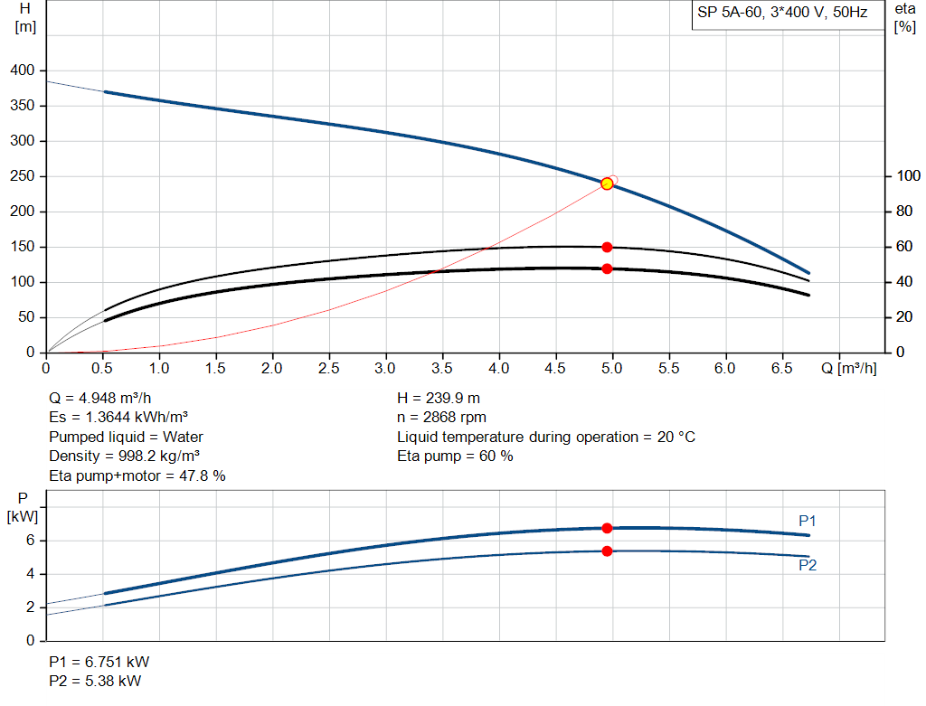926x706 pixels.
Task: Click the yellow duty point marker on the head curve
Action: pos(607,184)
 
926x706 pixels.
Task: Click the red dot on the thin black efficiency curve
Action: pos(607,247)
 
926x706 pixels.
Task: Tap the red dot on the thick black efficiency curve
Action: pos(607,268)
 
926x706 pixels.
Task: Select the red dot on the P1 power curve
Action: pos(607,528)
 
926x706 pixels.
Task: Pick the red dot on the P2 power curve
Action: pos(607,551)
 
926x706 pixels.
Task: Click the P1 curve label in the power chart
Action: pos(808,521)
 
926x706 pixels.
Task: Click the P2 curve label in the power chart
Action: pos(808,565)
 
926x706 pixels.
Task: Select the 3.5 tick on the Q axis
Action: pos(442,369)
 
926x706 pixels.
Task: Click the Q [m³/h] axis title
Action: pos(848,369)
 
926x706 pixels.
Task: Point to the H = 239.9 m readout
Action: pos(439,398)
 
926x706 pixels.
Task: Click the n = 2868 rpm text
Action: pos(442,418)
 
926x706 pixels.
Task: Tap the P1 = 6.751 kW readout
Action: pos(96,662)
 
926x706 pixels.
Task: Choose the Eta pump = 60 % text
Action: pos(455,457)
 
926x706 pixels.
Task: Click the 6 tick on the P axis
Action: pos(30,541)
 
